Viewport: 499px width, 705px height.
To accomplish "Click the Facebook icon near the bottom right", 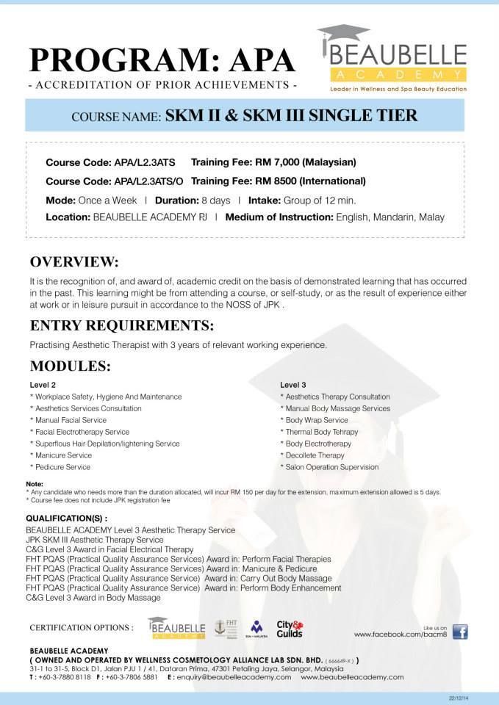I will click(460, 632).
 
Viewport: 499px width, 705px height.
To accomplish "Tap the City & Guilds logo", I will click(289, 629).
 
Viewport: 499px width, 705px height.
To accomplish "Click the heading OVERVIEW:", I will click(73, 262).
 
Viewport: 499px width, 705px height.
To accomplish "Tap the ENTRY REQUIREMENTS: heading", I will click(122, 325).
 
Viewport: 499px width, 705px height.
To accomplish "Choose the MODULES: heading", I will click(70, 366).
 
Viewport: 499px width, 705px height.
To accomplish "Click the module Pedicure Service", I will click(62, 467).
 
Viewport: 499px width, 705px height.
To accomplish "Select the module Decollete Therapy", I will click(315, 455).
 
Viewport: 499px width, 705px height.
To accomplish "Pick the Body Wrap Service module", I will click(317, 420).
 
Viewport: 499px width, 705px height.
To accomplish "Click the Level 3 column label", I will click(293, 385).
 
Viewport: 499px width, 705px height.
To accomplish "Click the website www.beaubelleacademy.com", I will click(352, 677).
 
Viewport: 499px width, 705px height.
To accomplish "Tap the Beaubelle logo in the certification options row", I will click(176, 628).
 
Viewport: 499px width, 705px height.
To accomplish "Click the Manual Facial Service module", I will click(71, 420).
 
